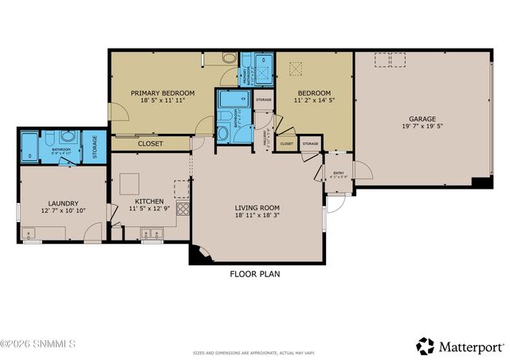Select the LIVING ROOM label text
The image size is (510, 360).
point(257,207)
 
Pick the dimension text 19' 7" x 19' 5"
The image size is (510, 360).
point(418,127)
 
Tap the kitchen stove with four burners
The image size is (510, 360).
point(183,210)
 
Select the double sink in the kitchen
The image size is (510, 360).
point(151,233)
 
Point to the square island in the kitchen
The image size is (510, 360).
point(182,188)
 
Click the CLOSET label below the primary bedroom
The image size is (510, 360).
point(150,144)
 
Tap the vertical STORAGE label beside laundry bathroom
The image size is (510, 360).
point(94,149)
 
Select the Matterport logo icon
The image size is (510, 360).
point(425,346)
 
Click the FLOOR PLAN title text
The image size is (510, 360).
point(255,274)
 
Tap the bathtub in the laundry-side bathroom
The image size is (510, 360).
point(29,147)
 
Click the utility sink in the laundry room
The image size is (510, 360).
point(30,234)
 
